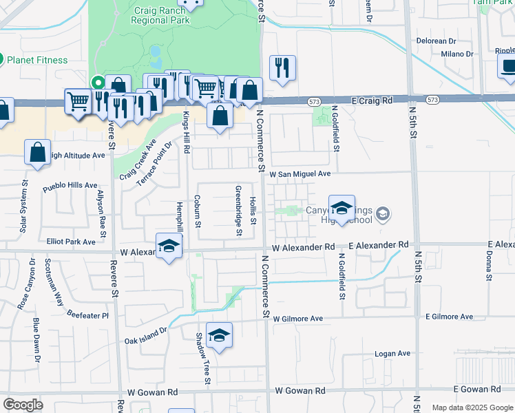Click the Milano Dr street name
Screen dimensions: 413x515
457,54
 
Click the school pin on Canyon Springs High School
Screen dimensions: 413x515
341,207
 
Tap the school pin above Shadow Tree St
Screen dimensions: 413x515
219,335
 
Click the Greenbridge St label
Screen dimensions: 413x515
239,211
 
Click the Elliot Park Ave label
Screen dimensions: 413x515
71,242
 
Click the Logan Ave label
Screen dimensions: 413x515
392,354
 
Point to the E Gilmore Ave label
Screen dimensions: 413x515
449,317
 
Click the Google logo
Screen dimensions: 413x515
23,404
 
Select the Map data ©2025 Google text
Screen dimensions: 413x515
472,407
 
